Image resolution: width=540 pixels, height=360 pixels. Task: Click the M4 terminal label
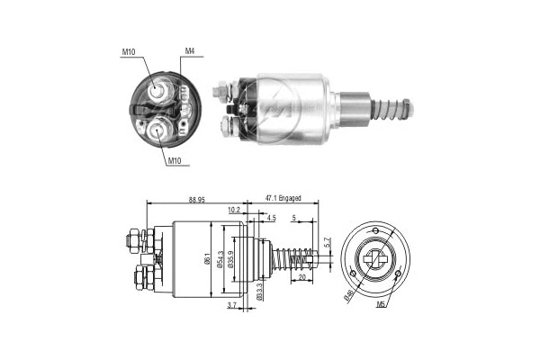[190, 51]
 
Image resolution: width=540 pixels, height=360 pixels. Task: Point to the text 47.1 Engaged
[283, 198]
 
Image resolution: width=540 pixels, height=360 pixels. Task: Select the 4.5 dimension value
[272, 217]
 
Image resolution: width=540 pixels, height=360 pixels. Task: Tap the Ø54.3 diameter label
[221, 261]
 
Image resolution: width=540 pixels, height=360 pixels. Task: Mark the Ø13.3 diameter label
[259, 291]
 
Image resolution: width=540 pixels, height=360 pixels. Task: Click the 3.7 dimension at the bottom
[232, 307]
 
